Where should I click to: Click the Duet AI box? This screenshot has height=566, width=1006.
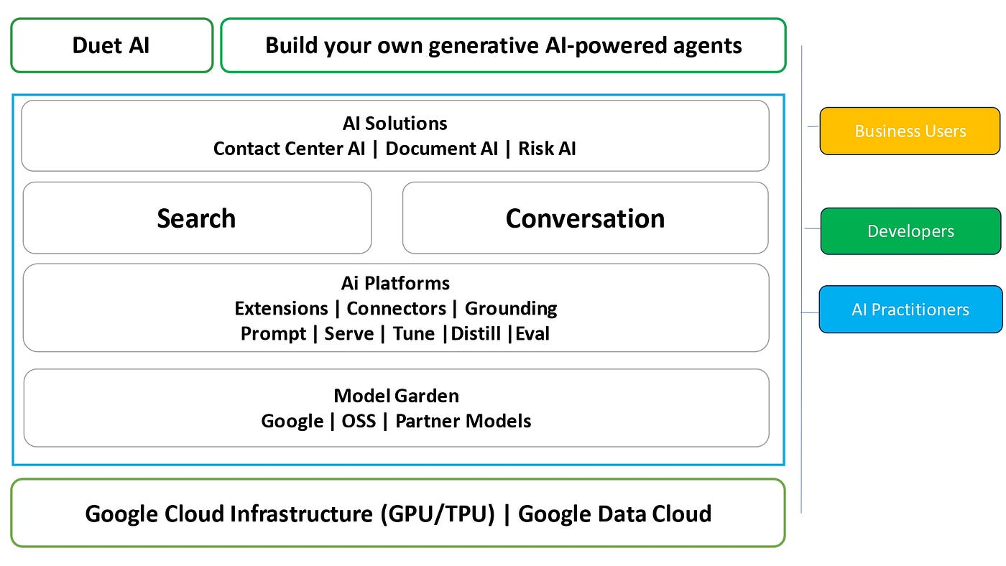[111, 46]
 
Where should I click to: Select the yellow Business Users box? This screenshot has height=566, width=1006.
[910, 131]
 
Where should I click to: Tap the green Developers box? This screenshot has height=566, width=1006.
[910, 231]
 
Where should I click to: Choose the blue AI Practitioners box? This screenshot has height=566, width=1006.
[910, 310]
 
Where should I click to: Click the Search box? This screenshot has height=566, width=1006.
[197, 218]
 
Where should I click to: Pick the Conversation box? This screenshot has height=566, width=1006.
[585, 218]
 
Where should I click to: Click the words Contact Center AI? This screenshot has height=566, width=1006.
[290, 149]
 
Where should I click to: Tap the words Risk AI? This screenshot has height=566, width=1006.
[547, 149]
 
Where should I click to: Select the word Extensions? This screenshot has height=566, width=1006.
[281, 309]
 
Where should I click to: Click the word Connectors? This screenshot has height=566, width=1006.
[396, 309]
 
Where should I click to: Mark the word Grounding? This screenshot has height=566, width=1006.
[511, 309]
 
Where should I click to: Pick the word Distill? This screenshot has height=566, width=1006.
[476, 334]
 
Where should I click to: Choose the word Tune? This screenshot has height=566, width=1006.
[414, 334]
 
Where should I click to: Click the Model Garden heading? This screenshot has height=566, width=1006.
[396, 396]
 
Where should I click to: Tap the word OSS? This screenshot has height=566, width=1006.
[359, 421]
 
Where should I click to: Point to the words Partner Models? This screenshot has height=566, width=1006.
[463, 421]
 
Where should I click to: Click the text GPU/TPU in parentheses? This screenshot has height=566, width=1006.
[440, 514]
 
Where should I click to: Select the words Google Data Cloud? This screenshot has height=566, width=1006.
[614, 514]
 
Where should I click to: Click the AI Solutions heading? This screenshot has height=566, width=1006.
[395, 124]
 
